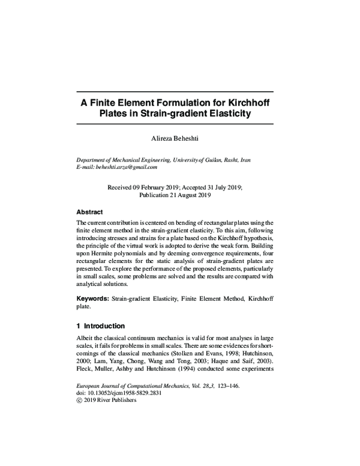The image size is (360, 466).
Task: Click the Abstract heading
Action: [x=89, y=212]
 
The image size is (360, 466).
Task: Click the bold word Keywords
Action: [x=92, y=298]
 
